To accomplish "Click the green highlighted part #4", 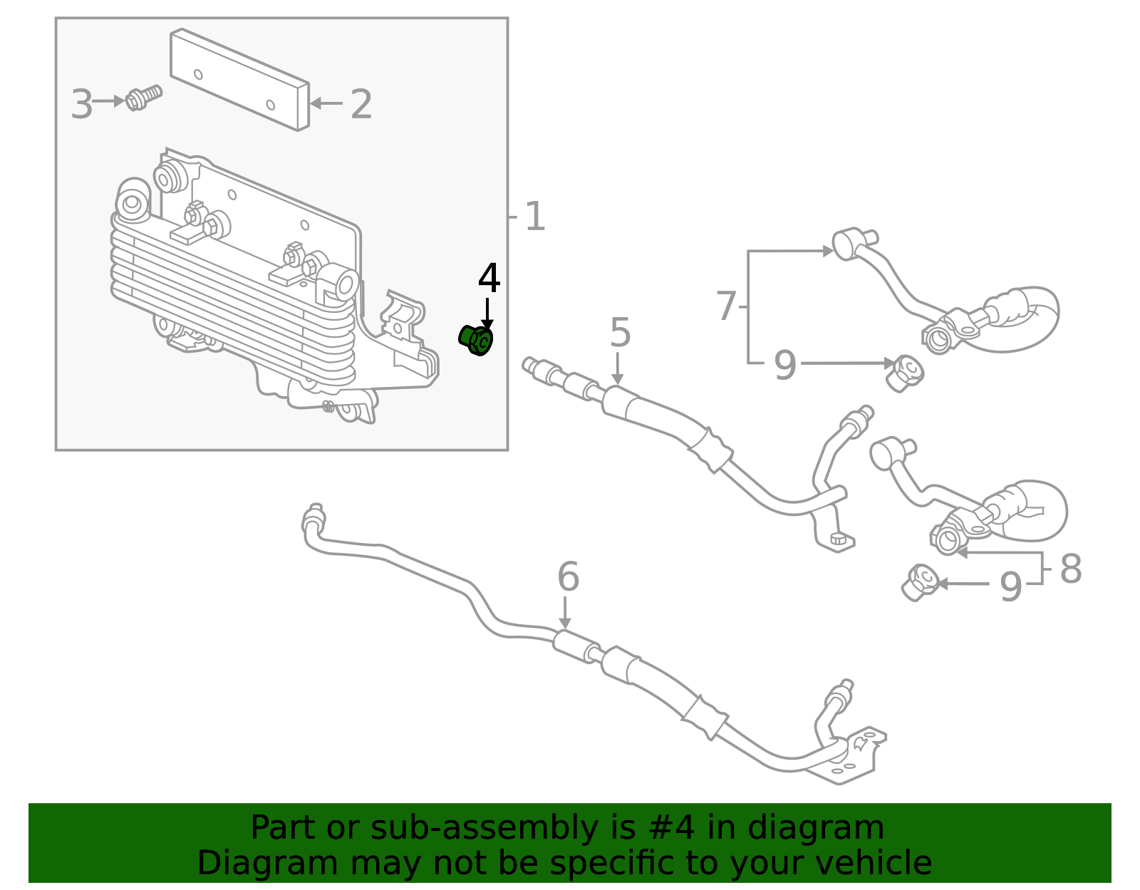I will pyautogui.click(x=476, y=341).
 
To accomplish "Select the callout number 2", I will pyautogui.click(x=361, y=105).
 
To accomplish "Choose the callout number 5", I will pyautogui.click(x=620, y=333).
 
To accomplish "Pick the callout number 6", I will pyautogui.click(x=568, y=576).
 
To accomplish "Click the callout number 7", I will pyautogui.click(x=725, y=306).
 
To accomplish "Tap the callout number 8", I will pyautogui.click(x=1070, y=569).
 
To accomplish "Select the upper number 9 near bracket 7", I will pyautogui.click(x=784, y=366).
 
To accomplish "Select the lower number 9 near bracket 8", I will pyautogui.click(x=1010, y=587).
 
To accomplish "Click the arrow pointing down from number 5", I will pyautogui.click(x=618, y=370).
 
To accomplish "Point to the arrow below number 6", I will pyautogui.click(x=564, y=614).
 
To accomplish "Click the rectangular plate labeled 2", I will pyautogui.click(x=239, y=80).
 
